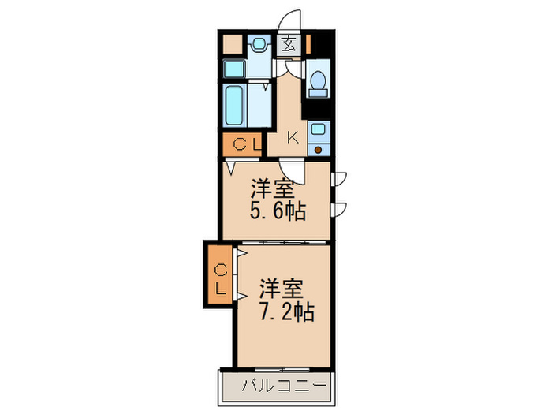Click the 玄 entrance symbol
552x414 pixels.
pos(289,44)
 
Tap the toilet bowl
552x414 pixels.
pos(317,80)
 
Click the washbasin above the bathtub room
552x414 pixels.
pos(258,45)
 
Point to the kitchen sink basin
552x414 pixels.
pos(319,130)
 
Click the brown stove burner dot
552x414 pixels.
pos(319,148)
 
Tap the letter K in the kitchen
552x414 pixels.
pos(292,137)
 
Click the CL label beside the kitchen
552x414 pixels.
pos(245,145)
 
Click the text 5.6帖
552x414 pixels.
pos(278,211)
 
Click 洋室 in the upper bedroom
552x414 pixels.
pos(273,189)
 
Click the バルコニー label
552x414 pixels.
pos(283,386)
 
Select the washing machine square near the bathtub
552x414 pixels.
pos(234,69)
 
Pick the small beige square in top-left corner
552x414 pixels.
pos(233,44)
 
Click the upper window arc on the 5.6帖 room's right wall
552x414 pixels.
pos(339,178)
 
